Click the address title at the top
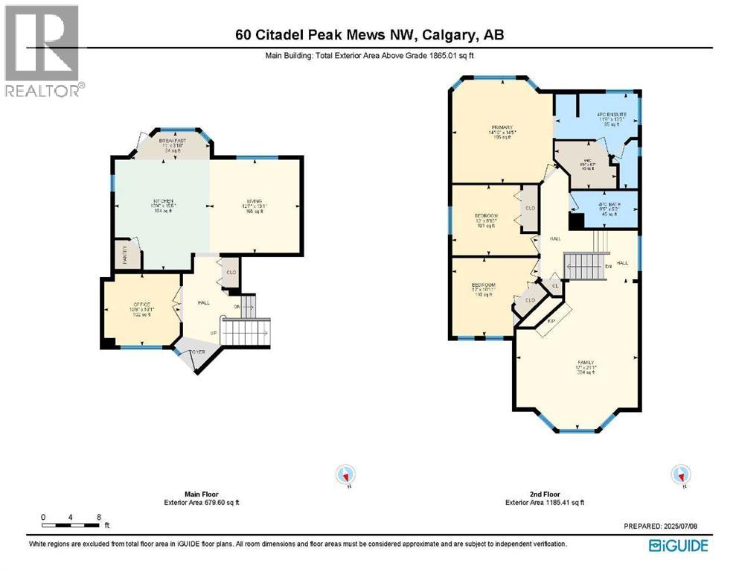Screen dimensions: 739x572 (369, 36)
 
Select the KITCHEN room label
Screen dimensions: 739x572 (163, 202)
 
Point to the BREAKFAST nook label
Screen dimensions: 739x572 (170, 140)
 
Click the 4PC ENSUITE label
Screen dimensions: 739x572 (612, 115)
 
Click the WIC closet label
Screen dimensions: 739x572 (586, 160)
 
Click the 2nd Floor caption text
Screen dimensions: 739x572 (546, 494)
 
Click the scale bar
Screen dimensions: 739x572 (71, 526)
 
